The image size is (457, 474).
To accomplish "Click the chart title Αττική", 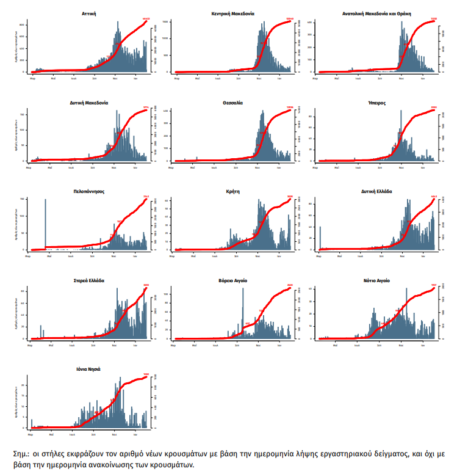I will (88, 13).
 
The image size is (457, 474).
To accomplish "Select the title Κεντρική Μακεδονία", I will (232, 13).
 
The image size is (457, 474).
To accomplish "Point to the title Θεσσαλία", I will (232, 103).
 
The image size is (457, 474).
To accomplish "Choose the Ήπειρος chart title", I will (376, 103).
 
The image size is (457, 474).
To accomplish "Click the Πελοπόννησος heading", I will (88, 191).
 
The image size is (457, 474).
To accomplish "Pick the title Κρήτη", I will (232, 191).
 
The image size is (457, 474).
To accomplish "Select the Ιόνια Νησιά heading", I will (88, 370).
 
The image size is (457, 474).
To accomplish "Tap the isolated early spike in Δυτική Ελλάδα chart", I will (320, 238).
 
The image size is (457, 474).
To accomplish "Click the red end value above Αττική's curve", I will (146, 19).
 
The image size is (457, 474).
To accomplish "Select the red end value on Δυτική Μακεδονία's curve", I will (146, 108).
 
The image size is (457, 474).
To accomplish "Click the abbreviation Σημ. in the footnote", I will (21, 454).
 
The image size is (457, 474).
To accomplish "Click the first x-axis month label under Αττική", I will (32, 78).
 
